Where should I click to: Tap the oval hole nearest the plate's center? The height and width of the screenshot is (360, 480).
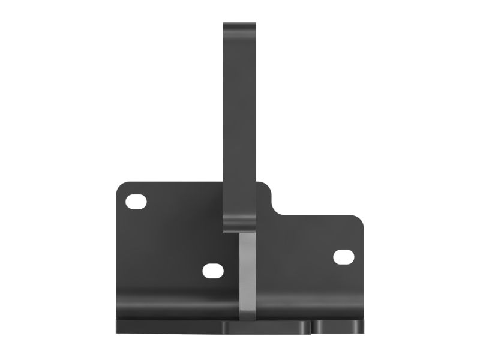tap(213, 271)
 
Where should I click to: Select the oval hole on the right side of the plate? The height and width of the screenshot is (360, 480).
tap(344, 257)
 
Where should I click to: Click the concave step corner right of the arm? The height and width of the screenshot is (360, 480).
tap(277, 211)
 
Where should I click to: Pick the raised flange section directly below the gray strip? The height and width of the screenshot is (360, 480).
tap(267, 326)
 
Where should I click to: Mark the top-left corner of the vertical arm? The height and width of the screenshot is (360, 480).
tap(224, 25)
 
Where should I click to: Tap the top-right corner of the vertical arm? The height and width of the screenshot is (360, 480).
tap(257, 25)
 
